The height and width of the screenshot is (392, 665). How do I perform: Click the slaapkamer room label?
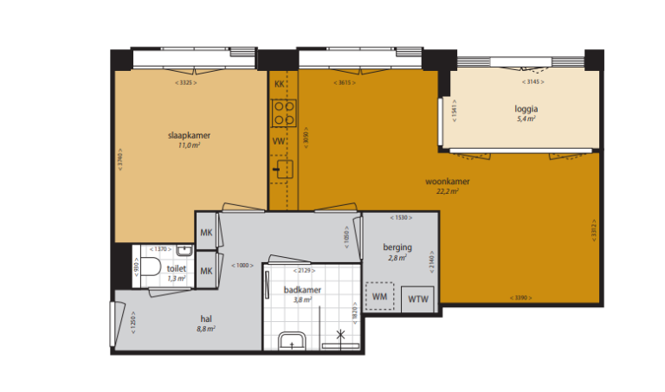(x=190, y=135)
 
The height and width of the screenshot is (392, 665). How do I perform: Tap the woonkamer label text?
(x=447, y=182)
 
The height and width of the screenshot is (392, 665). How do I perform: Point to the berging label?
(x=397, y=247)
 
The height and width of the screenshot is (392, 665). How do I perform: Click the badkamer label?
(x=303, y=290)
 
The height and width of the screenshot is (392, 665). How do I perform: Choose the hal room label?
(x=206, y=318)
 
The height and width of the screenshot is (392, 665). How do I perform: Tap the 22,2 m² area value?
(x=447, y=191)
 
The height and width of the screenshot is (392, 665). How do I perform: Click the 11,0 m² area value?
(x=190, y=145)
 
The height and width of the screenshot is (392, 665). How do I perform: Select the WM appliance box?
(x=379, y=296)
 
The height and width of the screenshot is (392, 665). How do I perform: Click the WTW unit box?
(x=420, y=299)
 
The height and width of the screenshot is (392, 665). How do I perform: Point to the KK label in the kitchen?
(x=279, y=84)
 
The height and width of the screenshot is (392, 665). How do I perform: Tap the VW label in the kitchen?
(x=279, y=140)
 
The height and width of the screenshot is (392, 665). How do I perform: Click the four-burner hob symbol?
(x=283, y=112)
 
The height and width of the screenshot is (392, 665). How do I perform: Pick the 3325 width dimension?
(x=185, y=83)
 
